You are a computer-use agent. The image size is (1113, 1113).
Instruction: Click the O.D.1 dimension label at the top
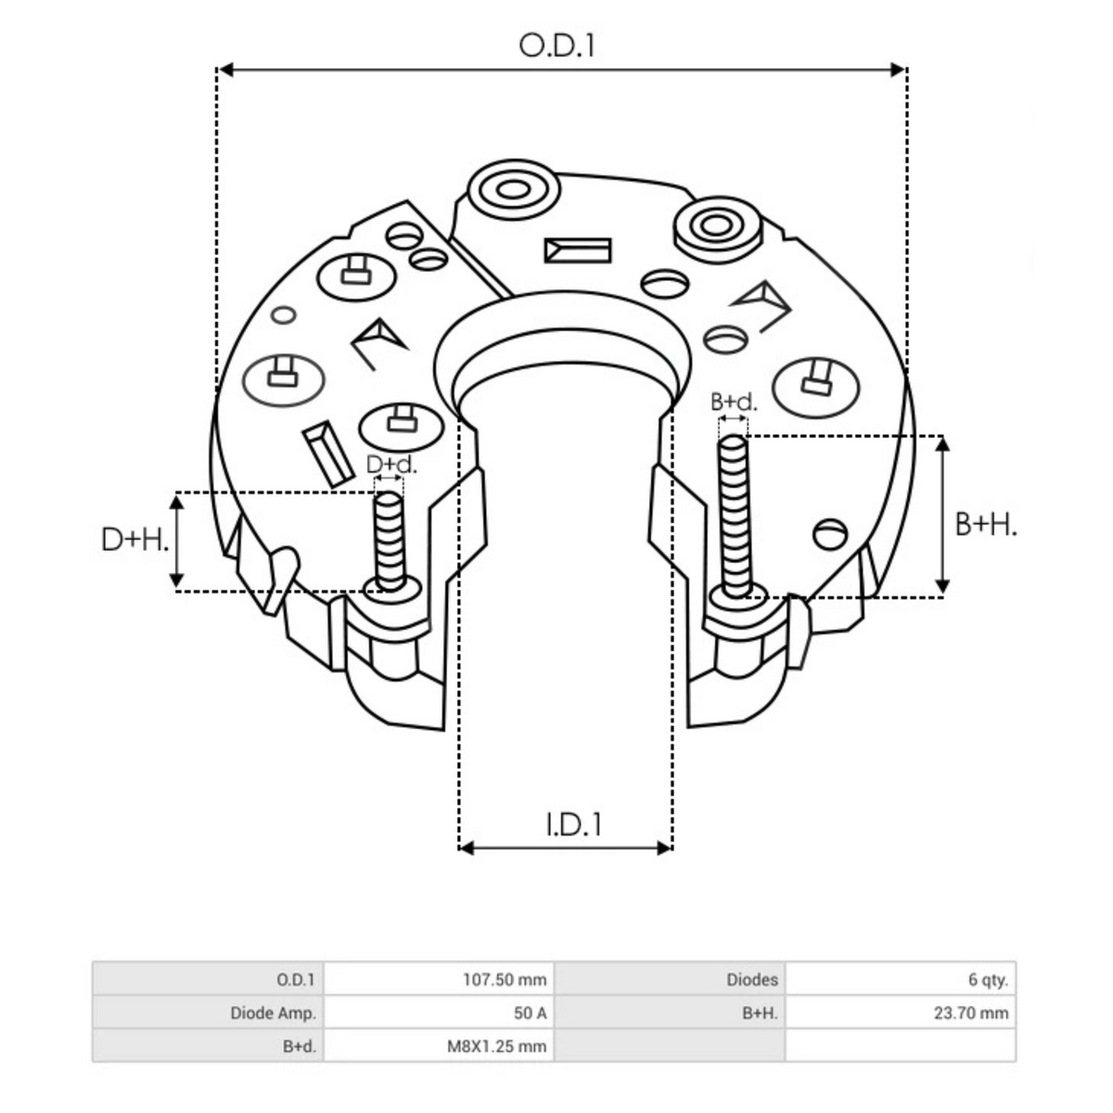click(x=556, y=45)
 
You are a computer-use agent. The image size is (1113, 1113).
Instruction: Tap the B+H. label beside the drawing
click(x=986, y=525)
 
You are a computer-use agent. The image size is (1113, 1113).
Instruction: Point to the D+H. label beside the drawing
click(x=135, y=539)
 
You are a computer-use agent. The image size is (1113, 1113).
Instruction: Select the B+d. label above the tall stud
click(x=734, y=402)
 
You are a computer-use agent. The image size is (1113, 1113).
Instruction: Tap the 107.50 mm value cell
click(x=438, y=979)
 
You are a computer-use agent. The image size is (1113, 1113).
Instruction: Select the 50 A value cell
click(x=438, y=1013)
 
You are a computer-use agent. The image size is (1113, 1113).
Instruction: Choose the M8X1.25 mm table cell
click(x=438, y=1046)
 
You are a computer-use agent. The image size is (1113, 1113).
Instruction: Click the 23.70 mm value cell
click(x=900, y=1013)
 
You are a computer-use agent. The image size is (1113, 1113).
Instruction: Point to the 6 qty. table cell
click(x=900, y=979)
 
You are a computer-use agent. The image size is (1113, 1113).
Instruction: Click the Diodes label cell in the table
click(x=670, y=979)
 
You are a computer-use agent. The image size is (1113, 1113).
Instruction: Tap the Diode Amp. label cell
click(x=208, y=1013)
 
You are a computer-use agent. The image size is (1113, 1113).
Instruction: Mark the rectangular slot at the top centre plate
click(x=578, y=250)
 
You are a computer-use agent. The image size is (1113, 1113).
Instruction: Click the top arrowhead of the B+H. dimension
click(x=942, y=443)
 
